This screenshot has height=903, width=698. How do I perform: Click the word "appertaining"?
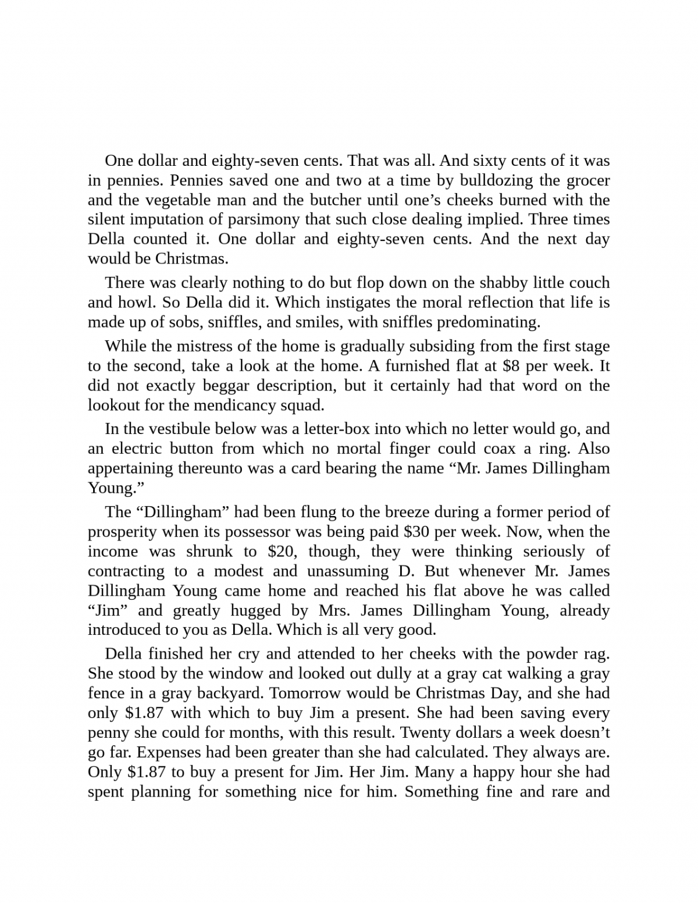tap(131, 468)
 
